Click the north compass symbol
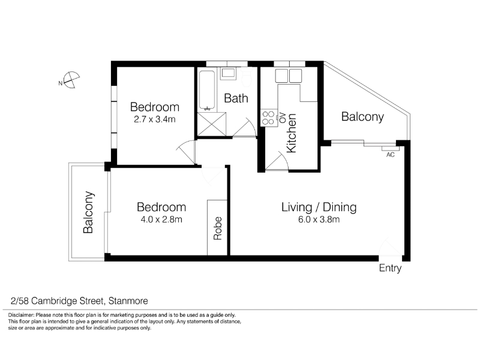click(71, 80)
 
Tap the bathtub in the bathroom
click(207, 91)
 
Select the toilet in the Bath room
click(247, 77)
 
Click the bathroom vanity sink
click(228, 73)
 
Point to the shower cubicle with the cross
click(212, 124)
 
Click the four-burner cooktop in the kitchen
click(268, 118)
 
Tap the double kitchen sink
click(289, 76)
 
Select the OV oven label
click(283, 118)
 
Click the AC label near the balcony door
click(391, 155)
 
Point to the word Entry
click(390, 268)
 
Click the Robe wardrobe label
click(217, 228)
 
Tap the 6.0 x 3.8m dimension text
click(319, 219)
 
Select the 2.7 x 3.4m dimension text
click(155, 119)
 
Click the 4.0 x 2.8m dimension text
click(161, 219)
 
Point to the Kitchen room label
click(291, 133)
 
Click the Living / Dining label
click(319, 207)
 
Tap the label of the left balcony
click(88, 212)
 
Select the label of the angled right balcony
click(362, 116)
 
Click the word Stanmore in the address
click(128, 301)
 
